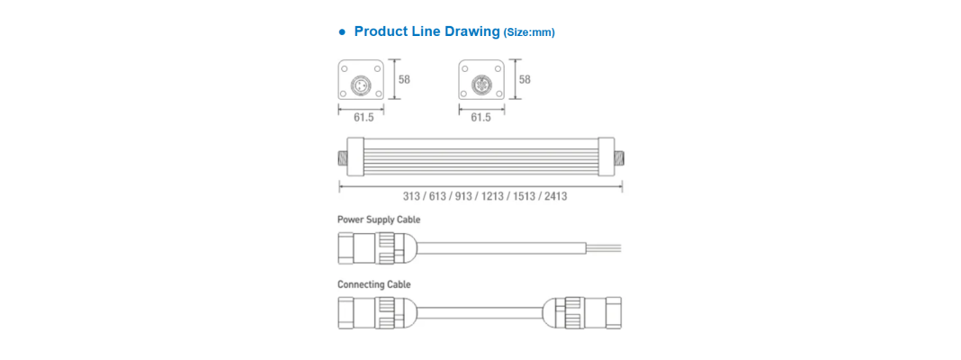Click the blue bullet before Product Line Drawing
pyautogui.click(x=343, y=31)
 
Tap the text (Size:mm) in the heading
pyautogui.click(x=529, y=33)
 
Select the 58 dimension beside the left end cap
pyautogui.click(x=404, y=80)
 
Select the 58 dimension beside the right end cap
pyautogui.click(x=525, y=80)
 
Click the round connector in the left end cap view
pyautogui.click(x=361, y=84)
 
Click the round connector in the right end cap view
pyautogui.click(x=481, y=84)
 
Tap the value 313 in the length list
pyautogui.click(x=411, y=197)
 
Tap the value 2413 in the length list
pyautogui.click(x=556, y=197)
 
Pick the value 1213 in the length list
pyautogui.click(x=492, y=197)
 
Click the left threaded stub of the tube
pyautogui.click(x=343, y=158)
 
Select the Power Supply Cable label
pyautogui.click(x=379, y=220)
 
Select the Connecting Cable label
pyautogui.click(x=373, y=284)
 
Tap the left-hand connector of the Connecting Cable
pyautogui.click(x=378, y=313)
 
